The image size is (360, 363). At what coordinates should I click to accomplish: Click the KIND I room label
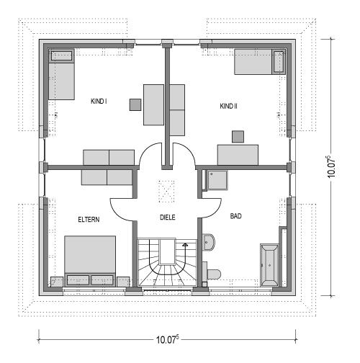tap(99, 102)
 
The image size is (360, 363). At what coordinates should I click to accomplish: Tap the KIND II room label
tap(228, 106)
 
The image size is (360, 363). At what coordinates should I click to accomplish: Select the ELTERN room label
tap(89, 220)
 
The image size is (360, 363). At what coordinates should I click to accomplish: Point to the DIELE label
tap(168, 218)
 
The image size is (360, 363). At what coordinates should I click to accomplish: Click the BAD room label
tap(236, 216)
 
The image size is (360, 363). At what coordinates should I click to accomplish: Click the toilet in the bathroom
tap(212, 274)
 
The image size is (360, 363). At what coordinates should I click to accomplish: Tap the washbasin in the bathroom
tap(209, 242)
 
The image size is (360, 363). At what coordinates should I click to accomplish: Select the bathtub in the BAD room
tap(270, 265)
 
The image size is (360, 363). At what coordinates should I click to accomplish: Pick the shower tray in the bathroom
tap(217, 180)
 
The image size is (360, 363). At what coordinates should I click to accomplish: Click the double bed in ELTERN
tap(90, 261)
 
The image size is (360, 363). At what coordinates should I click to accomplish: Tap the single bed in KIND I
tap(61, 74)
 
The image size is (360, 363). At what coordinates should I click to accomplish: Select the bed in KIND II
tap(260, 62)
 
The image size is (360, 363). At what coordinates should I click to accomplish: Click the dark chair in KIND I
tap(135, 104)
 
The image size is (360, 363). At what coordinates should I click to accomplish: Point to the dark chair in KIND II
tap(238, 137)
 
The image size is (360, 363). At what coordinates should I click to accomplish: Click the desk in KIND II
tap(238, 155)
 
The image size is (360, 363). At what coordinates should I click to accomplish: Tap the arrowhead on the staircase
tap(185, 245)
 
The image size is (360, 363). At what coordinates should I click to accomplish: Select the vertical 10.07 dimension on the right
tap(331, 167)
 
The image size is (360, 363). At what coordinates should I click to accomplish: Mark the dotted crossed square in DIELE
tap(166, 192)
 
